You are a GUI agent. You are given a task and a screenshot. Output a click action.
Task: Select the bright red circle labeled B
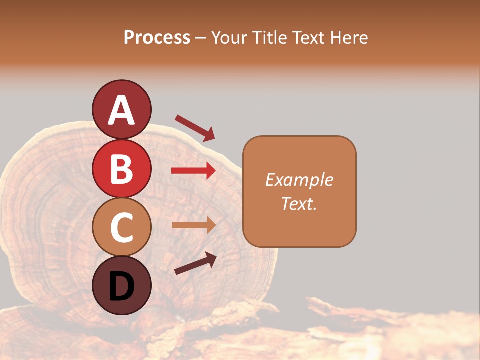(121, 168)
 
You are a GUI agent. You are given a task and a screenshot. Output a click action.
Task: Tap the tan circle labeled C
(121, 227)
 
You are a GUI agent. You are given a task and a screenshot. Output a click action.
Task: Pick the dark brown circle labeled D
(121, 285)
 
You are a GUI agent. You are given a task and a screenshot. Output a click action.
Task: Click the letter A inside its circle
(121, 110)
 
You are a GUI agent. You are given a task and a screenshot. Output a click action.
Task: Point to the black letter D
(121, 286)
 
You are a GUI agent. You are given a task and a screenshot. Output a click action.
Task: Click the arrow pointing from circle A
(195, 128)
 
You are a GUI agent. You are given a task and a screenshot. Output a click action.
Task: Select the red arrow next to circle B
(193, 171)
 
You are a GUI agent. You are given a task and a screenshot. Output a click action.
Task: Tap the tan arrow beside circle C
(193, 225)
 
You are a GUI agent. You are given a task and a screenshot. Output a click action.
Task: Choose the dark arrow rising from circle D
(195, 263)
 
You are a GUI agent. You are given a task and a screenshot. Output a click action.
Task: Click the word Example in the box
(299, 180)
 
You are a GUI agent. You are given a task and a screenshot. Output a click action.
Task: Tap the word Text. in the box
(299, 203)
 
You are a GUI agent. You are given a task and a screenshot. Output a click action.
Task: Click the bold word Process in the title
(157, 38)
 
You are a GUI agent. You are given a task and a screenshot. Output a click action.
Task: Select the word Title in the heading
(269, 38)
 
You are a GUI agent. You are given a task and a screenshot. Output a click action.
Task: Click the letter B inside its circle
(121, 169)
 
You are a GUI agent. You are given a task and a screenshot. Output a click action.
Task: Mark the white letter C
(121, 227)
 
